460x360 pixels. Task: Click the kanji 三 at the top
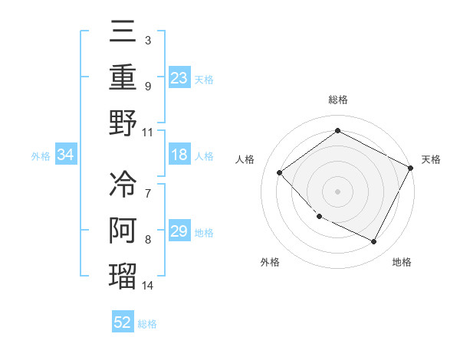123,33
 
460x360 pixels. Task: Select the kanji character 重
123,78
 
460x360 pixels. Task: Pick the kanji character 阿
123,231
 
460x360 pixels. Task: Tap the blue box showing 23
179,78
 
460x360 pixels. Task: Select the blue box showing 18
179,155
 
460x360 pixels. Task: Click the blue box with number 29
179,231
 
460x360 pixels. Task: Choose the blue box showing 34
66,155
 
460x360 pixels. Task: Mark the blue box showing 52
123,322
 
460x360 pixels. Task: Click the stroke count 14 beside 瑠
148,286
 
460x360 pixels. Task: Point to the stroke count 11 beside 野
148,132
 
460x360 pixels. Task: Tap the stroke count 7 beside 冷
148,193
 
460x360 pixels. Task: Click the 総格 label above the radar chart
338,100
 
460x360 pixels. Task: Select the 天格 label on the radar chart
432,159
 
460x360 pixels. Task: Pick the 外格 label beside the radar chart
269,262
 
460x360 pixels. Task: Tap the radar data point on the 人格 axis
280,172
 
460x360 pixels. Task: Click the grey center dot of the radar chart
338,191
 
